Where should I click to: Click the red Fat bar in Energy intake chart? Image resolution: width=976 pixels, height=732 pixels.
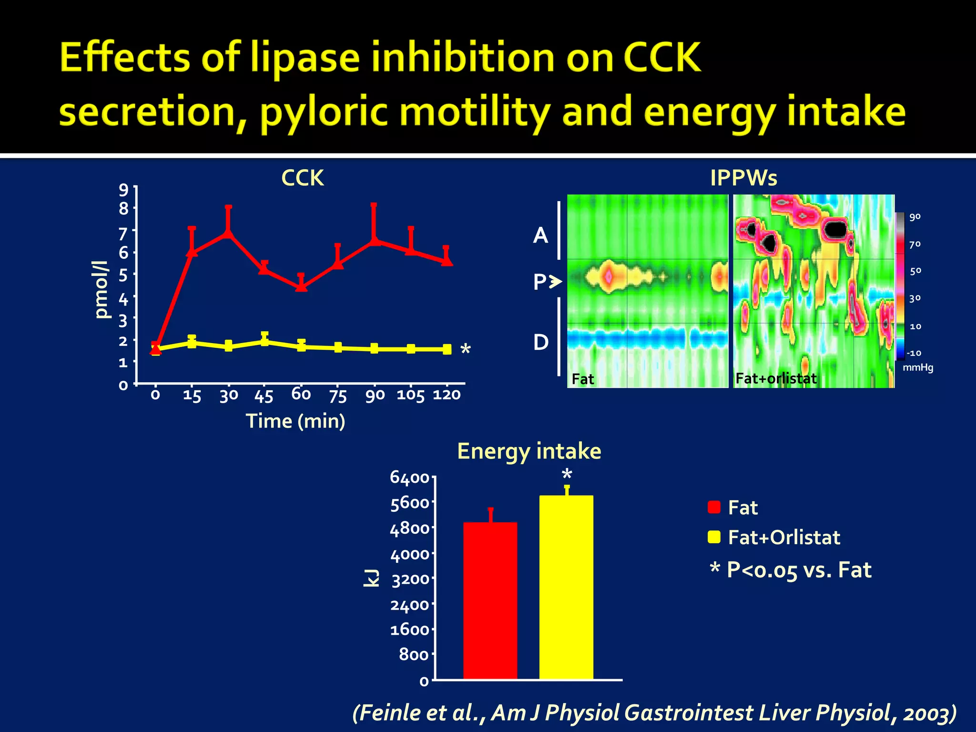click(490, 600)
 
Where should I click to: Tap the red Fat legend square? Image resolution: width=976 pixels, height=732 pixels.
click(714, 508)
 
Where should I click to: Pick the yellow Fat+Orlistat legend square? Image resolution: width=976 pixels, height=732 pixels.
click(714, 537)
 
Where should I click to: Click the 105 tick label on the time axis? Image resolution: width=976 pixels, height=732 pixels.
click(410, 395)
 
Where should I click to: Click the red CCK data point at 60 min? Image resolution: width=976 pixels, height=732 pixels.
click(301, 287)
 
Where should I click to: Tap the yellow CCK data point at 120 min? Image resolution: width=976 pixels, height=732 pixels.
click(447, 349)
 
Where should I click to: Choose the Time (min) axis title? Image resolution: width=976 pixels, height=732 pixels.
click(295, 421)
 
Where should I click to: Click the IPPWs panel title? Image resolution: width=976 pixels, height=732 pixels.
click(743, 178)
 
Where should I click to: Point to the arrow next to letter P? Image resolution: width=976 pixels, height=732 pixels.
click(555, 282)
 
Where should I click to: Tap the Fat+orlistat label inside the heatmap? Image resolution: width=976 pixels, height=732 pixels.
click(776, 378)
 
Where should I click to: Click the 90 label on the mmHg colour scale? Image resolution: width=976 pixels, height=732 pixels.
click(915, 217)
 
